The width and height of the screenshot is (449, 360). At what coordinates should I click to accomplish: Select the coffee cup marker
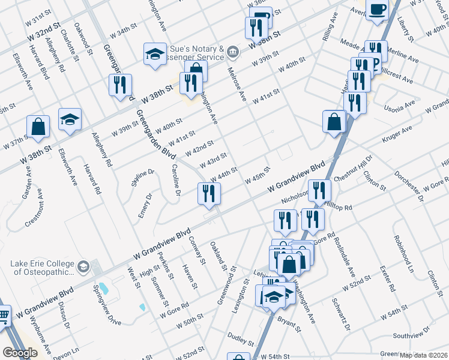(378, 10)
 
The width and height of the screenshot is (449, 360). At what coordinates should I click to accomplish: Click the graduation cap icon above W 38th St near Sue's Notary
(155, 55)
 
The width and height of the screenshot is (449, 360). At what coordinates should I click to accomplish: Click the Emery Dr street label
(144, 206)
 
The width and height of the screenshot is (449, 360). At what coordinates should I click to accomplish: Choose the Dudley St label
(241, 339)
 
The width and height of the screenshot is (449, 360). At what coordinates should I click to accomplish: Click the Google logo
(20, 353)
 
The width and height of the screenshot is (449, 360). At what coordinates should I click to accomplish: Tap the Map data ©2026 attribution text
(423, 355)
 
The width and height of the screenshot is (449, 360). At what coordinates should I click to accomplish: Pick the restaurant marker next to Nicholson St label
(319, 191)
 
